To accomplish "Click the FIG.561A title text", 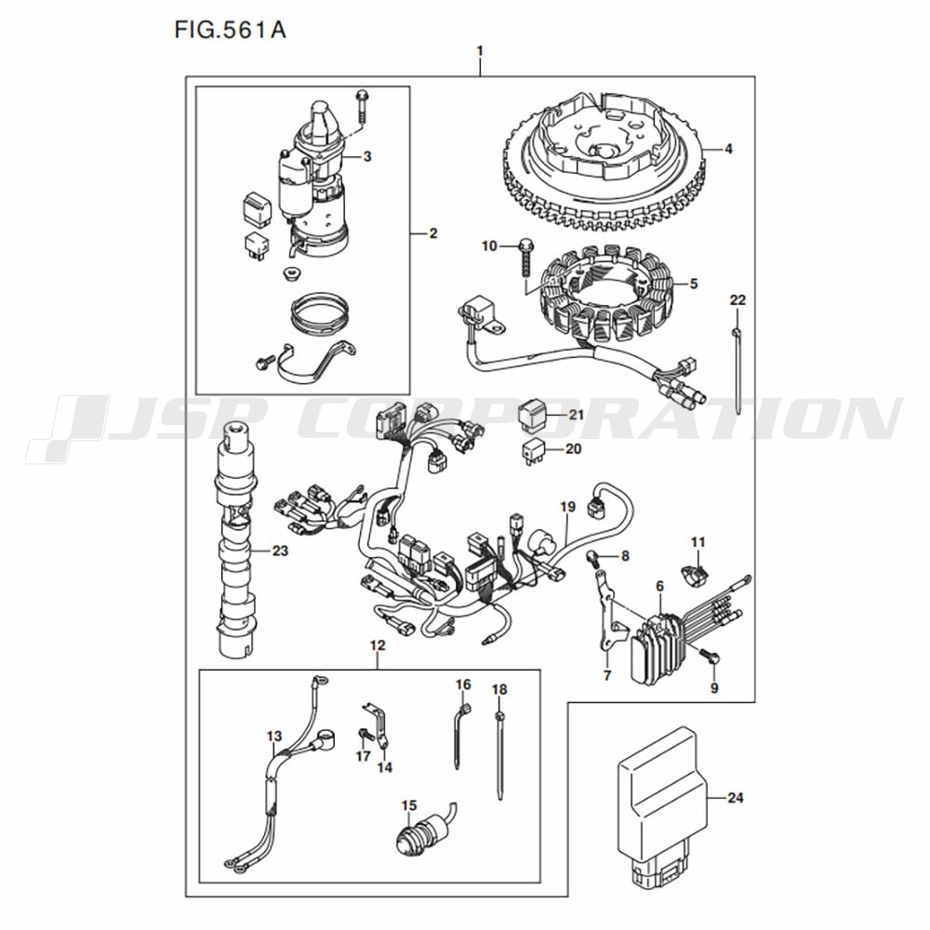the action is click(x=230, y=31).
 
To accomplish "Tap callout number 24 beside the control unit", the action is click(x=735, y=798).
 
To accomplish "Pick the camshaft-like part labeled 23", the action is click(x=238, y=539).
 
